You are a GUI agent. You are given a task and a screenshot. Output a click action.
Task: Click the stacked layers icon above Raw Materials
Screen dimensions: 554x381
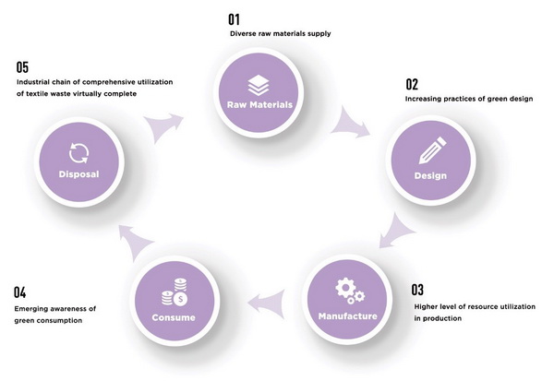pos(259,85)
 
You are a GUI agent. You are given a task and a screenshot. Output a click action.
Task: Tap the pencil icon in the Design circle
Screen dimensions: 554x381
pos(432,150)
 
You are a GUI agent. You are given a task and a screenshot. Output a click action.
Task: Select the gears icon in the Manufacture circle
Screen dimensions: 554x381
pos(350,291)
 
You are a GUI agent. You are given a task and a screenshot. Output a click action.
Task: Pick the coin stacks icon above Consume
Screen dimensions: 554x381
pos(175,292)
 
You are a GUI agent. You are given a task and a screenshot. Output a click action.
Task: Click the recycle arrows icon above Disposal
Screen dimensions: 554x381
pos(78,153)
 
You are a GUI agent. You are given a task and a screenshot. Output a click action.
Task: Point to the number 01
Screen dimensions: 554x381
pos(234,19)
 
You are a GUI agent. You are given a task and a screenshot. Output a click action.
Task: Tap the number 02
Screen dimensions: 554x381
pos(412,84)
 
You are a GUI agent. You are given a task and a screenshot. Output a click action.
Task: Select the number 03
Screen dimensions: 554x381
pos(417,290)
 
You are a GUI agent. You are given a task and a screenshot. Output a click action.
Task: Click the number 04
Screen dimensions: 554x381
pos(19,292)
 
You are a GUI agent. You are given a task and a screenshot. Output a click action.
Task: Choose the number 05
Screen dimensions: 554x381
pos(22,67)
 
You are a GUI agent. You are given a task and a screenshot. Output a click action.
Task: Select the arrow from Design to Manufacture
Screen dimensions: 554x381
pos(396,232)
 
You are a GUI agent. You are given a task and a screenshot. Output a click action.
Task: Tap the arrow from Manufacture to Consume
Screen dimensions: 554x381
pos(269,304)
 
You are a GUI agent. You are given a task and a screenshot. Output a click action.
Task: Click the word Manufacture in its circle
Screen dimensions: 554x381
pos(348,316)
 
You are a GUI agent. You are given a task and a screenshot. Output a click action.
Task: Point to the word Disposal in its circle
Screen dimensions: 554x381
pos(78,174)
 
